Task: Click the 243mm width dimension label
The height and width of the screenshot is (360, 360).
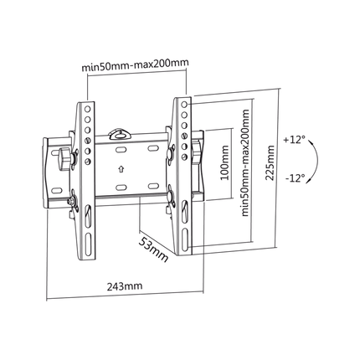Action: point(125,286)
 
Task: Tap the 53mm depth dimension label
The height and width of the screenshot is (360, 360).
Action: point(154,249)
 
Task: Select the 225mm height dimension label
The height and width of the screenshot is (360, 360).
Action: point(270,163)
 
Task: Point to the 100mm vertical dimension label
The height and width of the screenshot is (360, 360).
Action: point(224,163)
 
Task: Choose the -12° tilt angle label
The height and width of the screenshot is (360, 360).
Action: point(295,177)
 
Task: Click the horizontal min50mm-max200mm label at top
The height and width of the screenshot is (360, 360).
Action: point(136,65)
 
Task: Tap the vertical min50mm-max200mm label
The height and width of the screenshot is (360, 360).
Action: point(245,163)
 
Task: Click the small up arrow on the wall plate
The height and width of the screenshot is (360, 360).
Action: point(121,169)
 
